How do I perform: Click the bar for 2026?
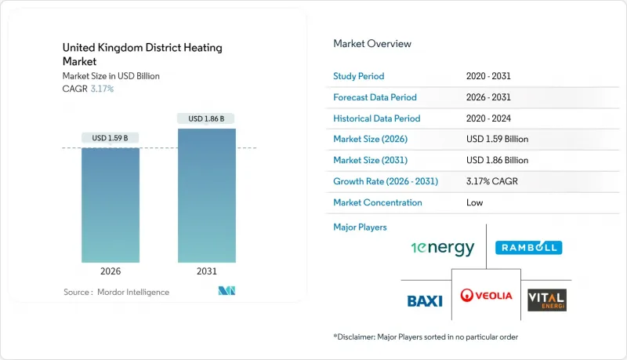111,205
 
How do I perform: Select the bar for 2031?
206,195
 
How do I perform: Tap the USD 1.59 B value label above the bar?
111,138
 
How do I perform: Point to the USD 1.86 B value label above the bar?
206,118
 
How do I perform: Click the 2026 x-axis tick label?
111,271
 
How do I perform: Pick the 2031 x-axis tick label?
206,271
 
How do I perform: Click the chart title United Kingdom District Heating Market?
142,54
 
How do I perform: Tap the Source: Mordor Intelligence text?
116,292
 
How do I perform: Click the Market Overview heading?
371,43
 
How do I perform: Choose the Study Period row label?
360,76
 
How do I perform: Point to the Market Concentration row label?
378,202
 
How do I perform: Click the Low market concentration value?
474,202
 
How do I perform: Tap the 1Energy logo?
443,248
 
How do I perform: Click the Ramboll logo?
528,248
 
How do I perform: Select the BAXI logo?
426,300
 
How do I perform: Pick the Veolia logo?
487,296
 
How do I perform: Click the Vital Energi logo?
546,299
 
